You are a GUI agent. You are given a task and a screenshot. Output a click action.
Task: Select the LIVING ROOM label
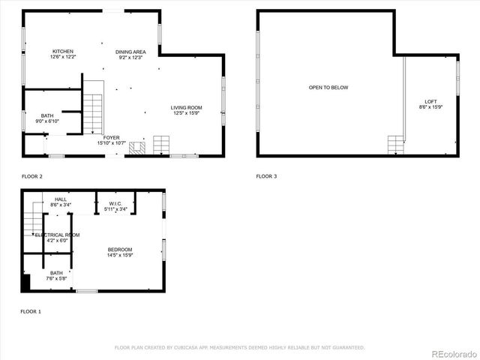pos(187,107)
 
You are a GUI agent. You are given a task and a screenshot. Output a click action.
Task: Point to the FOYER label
pos(112,137)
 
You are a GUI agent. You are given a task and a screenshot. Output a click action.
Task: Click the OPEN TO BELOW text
pos(328,88)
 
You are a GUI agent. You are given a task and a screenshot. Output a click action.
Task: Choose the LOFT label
pos(430,101)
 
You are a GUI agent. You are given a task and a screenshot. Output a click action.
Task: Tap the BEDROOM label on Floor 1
pos(119,250)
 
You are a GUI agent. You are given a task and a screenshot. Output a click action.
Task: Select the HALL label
pos(60,199)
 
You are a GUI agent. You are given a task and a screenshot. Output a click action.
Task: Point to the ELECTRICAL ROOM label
pos(57,235)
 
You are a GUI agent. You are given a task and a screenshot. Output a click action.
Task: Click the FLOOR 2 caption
pos(31,176)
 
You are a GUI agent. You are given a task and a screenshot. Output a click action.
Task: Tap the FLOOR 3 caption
pos(266,176)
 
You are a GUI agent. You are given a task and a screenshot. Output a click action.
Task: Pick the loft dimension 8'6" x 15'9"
pos(430,107)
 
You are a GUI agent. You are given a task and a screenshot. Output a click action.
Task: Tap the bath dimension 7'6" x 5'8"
pos(57,279)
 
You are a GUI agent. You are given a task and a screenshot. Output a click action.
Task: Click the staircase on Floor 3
pos(395,144)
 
